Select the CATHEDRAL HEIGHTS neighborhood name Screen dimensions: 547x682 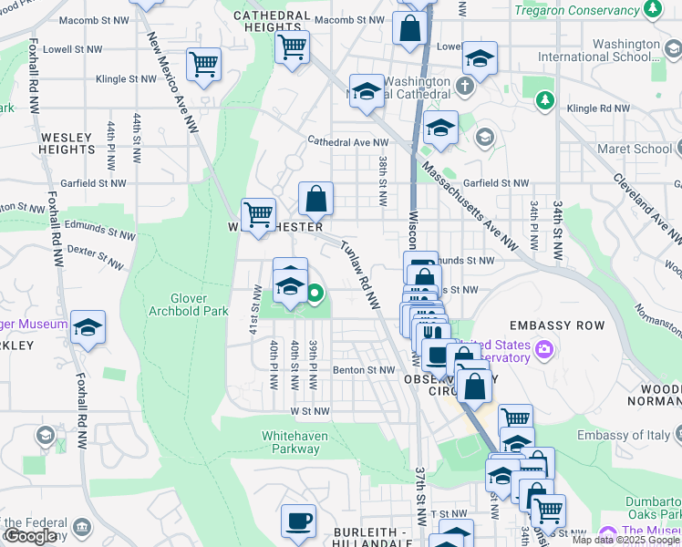[272, 22]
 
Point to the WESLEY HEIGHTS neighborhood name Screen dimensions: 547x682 [67, 143]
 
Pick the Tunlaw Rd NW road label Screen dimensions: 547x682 [359, 274]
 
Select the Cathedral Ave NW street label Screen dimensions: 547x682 [347, 142]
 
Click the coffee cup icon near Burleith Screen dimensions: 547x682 [298, 521]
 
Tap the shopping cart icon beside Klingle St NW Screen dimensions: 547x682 [203, 64]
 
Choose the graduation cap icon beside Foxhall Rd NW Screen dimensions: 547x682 [88, 326]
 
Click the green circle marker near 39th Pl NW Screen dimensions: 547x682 [315, 294]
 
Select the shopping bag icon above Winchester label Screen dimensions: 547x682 [315, 198]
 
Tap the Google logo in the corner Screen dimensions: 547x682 [30, 537]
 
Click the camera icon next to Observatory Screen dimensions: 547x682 [544, 349]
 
